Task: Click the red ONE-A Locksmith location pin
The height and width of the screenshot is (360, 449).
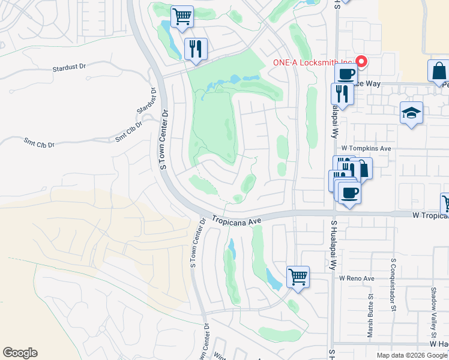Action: (361, 61)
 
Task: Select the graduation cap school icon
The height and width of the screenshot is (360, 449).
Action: (412, 113)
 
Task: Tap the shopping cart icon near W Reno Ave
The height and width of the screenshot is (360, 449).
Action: (297, 277)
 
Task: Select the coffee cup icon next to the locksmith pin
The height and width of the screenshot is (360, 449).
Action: (345, 75)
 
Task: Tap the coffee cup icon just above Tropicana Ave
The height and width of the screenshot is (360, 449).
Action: (349, 193)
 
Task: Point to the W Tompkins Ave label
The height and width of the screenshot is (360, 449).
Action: (366, 148)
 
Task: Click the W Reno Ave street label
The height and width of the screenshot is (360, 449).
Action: (357, 278)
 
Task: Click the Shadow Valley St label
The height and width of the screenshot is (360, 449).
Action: (433, 305)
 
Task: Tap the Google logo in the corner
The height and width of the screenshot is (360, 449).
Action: (20, 353)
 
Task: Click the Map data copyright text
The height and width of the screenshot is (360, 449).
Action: (412, 355)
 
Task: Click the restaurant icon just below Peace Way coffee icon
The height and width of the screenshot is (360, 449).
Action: (340, 95)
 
